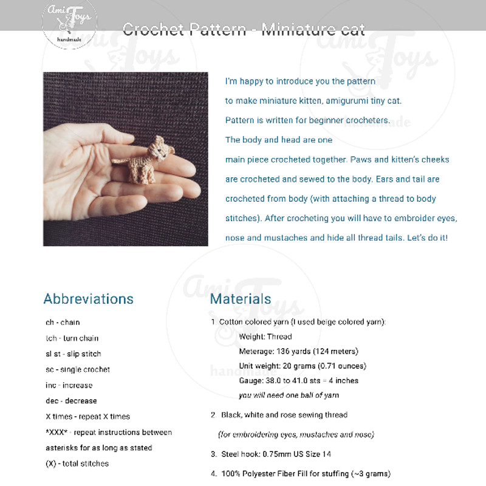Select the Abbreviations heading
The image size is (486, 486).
click(x=89, y=299)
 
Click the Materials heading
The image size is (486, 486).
click(x=241, y=299)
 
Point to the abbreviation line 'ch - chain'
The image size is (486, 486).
click(x=63, y=322)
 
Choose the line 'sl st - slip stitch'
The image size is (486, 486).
click(x=74, y=354)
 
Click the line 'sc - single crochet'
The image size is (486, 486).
click(x=78, y=369)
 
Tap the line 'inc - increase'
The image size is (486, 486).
click(x=69, y=385)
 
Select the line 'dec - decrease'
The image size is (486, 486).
click(x=71, y=401)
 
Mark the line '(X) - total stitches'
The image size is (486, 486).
click(x=77, y=464)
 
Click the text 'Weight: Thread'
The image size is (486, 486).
click(x=265, y=337)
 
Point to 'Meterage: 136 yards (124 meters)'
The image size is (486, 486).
click(x=298, y=351)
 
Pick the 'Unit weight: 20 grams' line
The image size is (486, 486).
click(x=303, y=366)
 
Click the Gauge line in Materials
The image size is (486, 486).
click(x=298, y=380)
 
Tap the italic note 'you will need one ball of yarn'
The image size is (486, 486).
click(x=289, y=395)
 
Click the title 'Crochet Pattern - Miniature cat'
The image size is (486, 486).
click(x=244, y=29)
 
